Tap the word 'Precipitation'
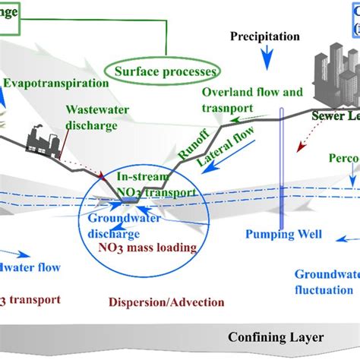(x=264, y=36)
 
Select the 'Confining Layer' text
(x=278, y=337)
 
